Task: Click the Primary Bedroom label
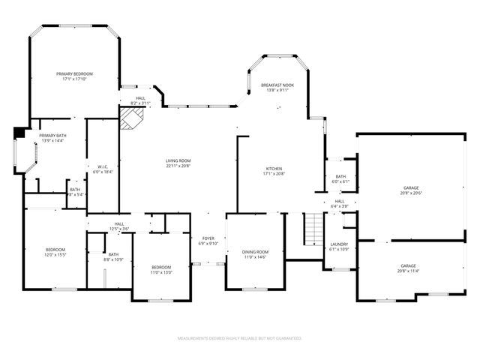coord(75,73)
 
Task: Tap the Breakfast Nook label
coord(277,85)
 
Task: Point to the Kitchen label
coord(275,169)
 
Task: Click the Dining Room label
coord(256,252)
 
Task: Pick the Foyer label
coord(208,238)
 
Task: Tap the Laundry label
coord(339,244)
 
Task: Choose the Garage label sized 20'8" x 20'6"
coord(410,187)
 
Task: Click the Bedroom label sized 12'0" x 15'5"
coord(55,250)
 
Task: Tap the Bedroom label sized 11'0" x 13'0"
coord(161,268)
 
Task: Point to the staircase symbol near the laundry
coord(312,229)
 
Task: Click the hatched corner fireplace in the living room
coord(132,117)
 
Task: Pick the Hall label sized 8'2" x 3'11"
coord(140,98)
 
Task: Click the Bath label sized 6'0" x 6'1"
coord(340,176)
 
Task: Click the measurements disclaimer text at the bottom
coord(239,338)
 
